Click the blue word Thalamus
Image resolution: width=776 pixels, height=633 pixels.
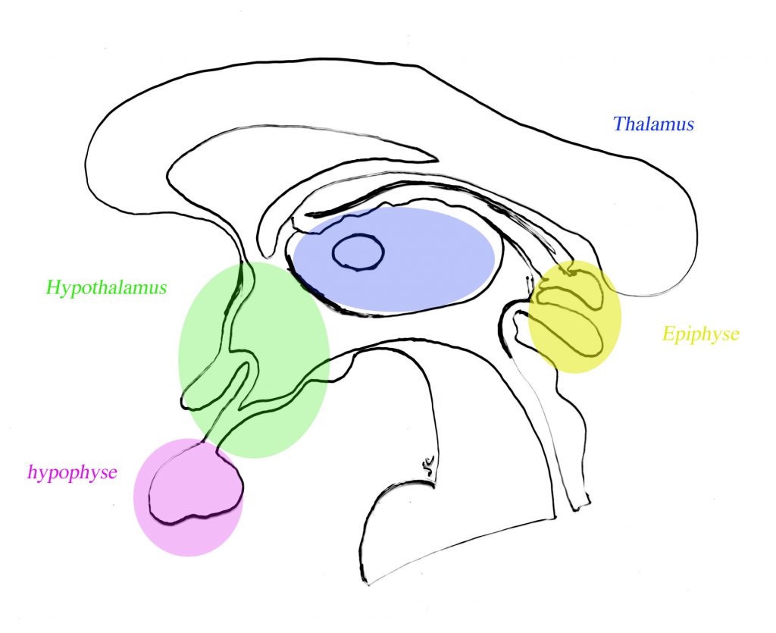(x=653, y=124)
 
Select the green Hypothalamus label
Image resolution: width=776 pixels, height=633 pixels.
(x=106, y=288)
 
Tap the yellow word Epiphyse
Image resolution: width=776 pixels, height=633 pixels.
(x=700, y=334)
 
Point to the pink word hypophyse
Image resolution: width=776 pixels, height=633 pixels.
(x=72, y=472)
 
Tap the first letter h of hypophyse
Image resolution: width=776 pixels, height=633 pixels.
(x=32, y=472)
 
